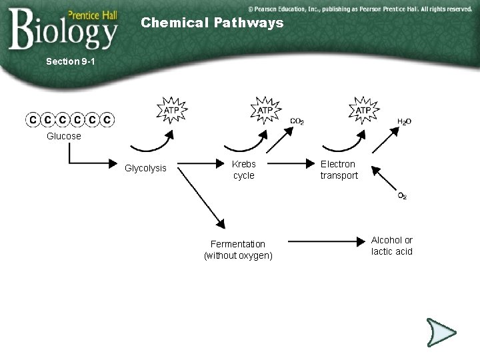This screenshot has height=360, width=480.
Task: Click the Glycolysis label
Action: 145,169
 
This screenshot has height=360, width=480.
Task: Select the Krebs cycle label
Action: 243,169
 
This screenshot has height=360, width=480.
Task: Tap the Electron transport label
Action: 339,169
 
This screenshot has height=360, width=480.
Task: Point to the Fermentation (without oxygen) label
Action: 238,249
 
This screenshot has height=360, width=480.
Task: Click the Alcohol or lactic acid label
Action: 392,245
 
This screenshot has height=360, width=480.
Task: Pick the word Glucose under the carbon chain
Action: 64,136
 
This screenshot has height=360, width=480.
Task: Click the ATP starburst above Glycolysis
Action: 172,109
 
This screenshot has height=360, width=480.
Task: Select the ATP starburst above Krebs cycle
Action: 265,109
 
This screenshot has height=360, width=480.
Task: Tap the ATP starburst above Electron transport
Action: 363,109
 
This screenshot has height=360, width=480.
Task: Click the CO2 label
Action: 297,121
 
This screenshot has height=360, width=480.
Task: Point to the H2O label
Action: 405,122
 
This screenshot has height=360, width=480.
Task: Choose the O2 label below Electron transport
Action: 403,196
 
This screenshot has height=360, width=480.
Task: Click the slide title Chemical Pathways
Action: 212,23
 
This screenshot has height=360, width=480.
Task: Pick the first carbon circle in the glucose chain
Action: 32,120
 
